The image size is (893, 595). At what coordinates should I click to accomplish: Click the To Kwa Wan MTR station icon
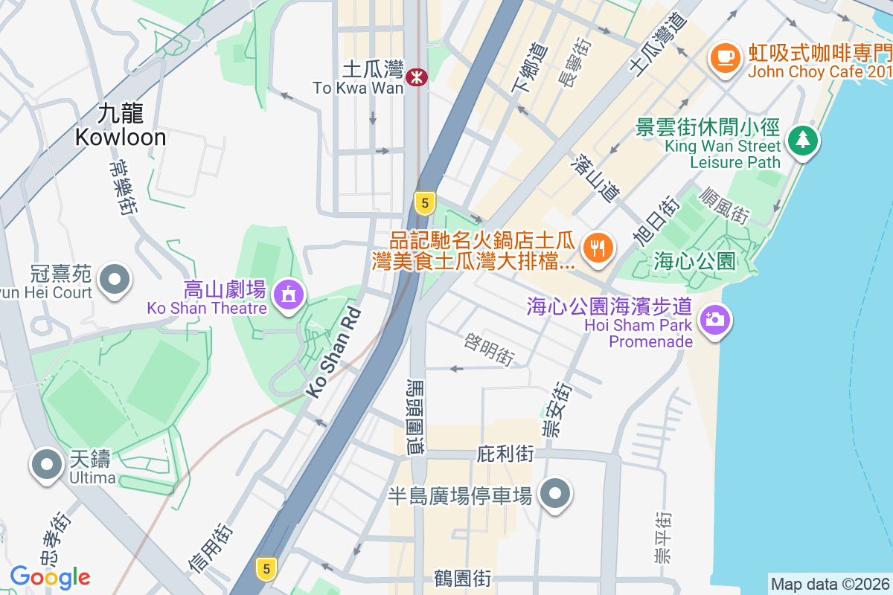point(417,74)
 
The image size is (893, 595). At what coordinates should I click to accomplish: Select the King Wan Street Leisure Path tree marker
point(802,139)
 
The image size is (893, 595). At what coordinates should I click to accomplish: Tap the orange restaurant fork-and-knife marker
point(597,247)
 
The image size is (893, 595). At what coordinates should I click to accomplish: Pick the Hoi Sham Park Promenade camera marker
point(715,320)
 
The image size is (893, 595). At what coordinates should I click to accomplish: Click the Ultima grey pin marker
point(48,464)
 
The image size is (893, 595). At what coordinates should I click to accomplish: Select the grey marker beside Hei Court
point(115,280)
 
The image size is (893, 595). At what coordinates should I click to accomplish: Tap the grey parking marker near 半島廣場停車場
point(554,493)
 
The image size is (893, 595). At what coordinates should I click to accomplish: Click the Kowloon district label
point(120,125)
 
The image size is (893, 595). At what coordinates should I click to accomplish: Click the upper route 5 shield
point(424,202)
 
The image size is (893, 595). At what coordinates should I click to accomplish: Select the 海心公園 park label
point(695,261)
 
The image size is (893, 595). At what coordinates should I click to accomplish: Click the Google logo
point(50,576)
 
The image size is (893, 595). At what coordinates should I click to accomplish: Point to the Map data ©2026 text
point(830,585)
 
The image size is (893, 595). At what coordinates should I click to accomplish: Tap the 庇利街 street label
point(505,453)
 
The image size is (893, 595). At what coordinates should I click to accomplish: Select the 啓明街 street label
point(489,349)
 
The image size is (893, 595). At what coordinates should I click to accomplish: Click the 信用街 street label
point(211,548)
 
